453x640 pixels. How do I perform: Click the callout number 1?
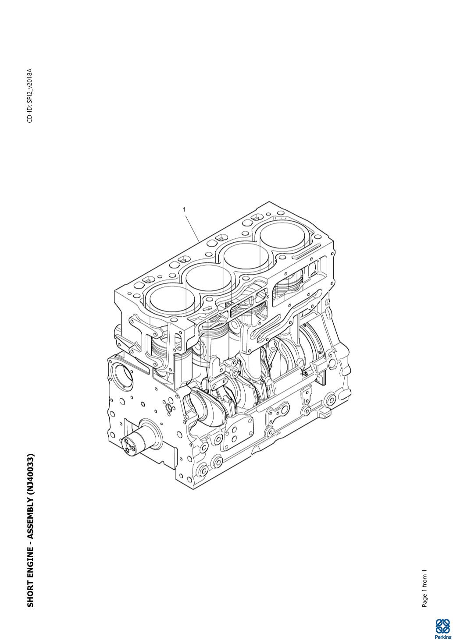[x=185, y=209]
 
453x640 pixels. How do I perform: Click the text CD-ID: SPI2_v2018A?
[x=30, y=95]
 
